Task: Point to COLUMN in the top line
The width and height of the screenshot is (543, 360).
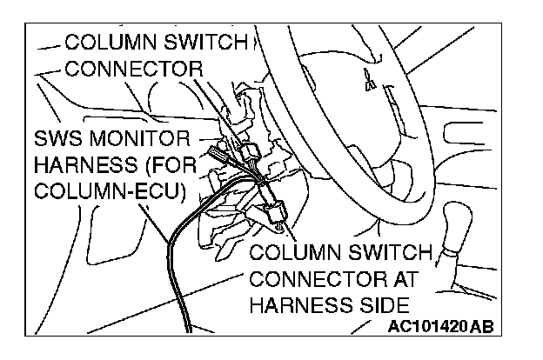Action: point(108,42)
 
